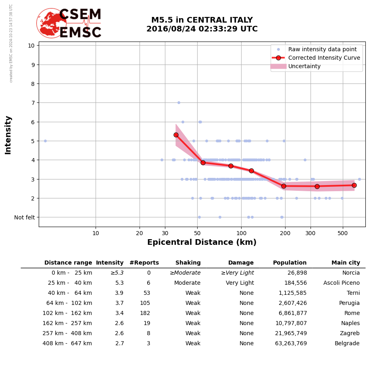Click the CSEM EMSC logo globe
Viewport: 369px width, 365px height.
(51, 23)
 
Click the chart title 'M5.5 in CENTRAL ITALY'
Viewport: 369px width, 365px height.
(202, 20)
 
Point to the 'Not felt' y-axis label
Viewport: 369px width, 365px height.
(24, 217)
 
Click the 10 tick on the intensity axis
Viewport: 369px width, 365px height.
(31, 46)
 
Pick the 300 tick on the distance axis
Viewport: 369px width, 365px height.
(311, 234)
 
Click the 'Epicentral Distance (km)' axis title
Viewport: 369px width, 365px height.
(202, 242)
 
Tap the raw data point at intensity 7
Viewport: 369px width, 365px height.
(179, 103)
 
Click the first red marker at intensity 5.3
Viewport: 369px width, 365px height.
(176, 135)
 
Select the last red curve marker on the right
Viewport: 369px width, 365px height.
(354, 185)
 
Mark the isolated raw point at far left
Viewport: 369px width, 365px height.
(45, 141)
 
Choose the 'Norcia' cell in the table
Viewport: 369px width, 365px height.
(351, 273)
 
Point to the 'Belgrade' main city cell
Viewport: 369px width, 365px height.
(347, 344)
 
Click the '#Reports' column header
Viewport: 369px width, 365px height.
(144, 263)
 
